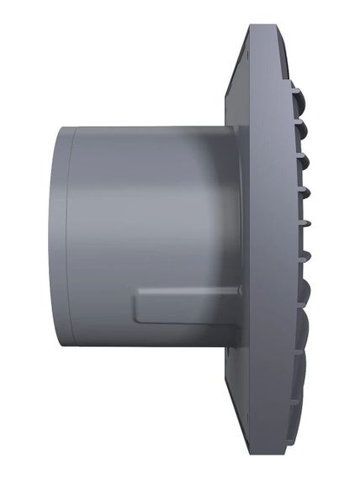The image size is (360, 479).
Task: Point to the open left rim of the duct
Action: (x=56, y=235)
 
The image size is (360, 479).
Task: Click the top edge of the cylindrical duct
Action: (x=143, y=127)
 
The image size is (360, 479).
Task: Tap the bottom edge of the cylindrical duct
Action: (x=143, y=344)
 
